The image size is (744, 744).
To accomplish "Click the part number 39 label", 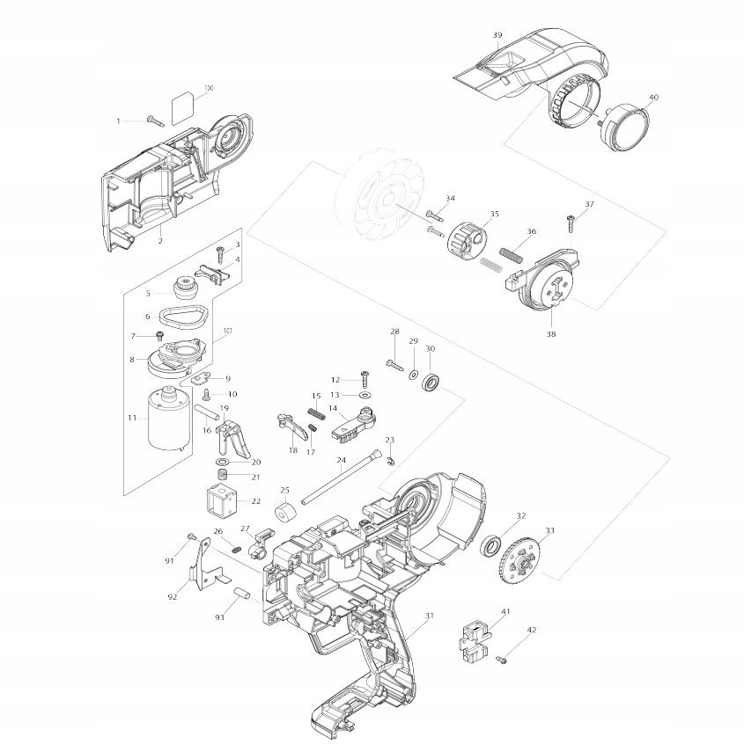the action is pos(497,35).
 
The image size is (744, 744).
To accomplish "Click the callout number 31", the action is pos(430,615).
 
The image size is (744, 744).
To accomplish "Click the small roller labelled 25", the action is pos(286,512).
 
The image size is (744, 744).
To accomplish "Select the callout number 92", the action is pos(172,597).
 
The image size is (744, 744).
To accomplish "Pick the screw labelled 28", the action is pos(394,361).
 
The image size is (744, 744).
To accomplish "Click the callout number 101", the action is pos(228,331).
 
